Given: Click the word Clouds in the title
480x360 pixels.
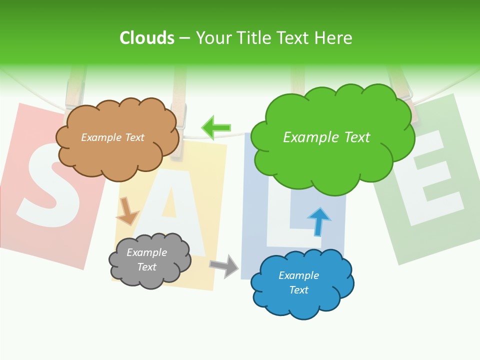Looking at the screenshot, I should pyautogui.click(x=147, y=38).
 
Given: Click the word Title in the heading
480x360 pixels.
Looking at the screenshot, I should pyautogui.click(x=254, y=38).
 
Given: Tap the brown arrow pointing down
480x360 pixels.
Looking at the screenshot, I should pyautogui.click(x=127, y=211).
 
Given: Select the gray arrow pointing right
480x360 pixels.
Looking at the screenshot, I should pyautogui.click(x=224, y=265).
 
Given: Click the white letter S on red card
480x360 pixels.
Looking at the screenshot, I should pyautogui.click(x=47, y=185).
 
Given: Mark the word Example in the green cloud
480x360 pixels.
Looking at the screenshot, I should pyautogui.click(x=307, y=137).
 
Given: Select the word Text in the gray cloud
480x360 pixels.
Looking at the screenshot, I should pyautogui.click(x=147, y=267).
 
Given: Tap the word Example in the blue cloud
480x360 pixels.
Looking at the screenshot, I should pyautogui.click(x=298, y=275).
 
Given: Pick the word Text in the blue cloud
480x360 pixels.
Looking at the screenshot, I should pyautogui.click(x=298, y=290).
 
